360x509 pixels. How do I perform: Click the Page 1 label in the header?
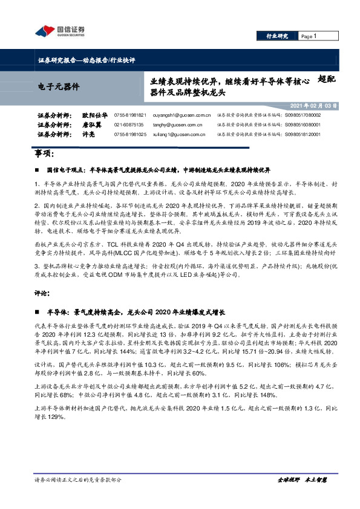309,36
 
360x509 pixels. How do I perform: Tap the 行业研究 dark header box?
278,36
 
